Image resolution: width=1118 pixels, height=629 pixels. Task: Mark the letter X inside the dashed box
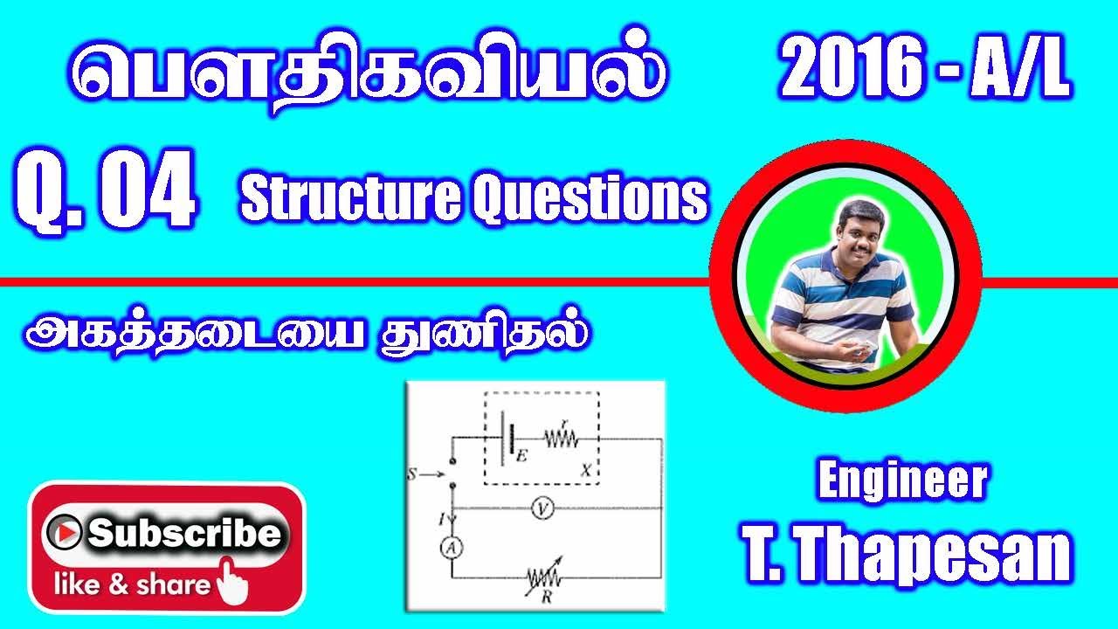(585, 470)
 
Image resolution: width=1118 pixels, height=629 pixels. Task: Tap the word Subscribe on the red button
(185, 532)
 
